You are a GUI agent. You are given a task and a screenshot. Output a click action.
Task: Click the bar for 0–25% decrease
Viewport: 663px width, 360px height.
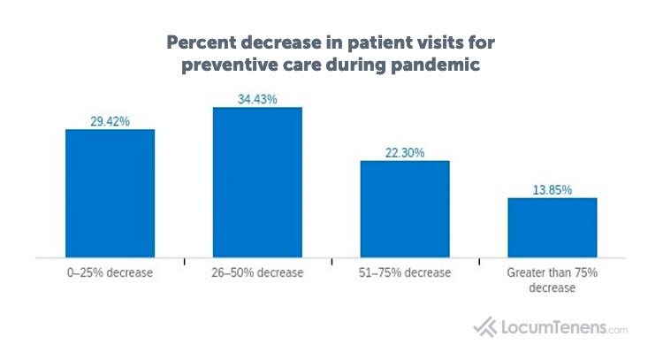[x=110, y=193]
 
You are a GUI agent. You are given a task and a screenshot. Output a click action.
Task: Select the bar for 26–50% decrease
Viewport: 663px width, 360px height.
[x=257, y=182]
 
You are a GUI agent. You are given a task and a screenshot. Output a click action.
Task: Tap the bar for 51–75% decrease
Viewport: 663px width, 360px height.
[x=405, y=209]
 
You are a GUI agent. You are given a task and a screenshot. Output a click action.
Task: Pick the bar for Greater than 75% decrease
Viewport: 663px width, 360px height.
[x=552, y=227]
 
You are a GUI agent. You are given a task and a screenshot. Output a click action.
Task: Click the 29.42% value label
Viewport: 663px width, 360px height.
[x=110, y=121]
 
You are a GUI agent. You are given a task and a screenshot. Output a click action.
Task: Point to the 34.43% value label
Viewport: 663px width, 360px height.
[x=257, y=99]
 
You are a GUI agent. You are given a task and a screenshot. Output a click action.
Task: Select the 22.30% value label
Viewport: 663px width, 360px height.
[x=405, y=153]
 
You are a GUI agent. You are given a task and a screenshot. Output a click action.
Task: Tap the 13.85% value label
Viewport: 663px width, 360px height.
[x=552, y=190]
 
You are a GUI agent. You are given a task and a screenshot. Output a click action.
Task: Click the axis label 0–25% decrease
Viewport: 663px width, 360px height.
[x=110, y=273]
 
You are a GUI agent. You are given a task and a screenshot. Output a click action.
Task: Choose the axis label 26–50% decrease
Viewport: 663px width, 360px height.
[x=257, y=273]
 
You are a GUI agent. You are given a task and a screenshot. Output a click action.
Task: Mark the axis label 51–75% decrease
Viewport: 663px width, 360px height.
[x=405, y=273]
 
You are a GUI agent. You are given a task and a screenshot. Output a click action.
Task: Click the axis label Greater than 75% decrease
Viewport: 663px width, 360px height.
[x=552, y=280]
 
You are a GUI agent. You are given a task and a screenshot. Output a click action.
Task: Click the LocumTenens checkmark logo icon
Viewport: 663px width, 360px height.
[x=485, y=327]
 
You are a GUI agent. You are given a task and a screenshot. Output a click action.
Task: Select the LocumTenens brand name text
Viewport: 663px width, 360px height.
[x=552, y=327]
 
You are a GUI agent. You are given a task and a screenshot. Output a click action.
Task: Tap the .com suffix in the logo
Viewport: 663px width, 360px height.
[x=617, y=330]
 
